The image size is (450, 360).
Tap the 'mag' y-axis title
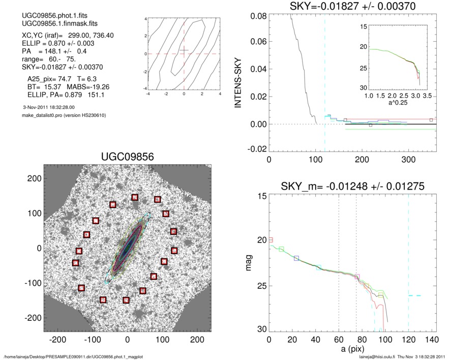point(249,263)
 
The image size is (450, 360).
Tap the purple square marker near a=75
point(357,277)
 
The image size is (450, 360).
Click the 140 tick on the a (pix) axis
point(431,340)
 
